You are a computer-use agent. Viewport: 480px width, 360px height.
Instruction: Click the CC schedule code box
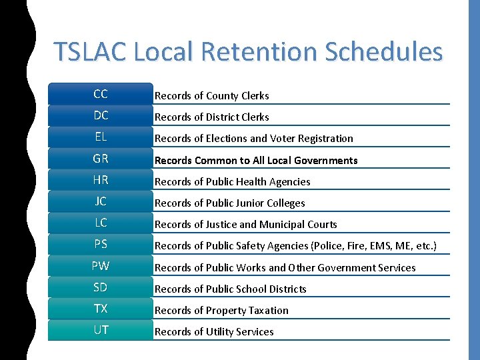point(101,94)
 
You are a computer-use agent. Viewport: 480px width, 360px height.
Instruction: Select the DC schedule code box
point(101,115)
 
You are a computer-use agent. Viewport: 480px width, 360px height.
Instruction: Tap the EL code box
point(101,137)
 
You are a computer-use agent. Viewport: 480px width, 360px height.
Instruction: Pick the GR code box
point(101,159)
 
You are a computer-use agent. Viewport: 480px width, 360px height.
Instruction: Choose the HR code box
point(101,180)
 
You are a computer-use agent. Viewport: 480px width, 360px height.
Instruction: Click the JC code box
point(101,201)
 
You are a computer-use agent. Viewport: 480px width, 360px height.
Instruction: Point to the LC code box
point(101,223)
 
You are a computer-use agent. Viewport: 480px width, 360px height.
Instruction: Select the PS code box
point(101,245)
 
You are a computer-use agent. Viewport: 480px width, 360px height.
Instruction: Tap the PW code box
point(101,266)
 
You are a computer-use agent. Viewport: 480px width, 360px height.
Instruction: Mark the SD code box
point(101,287)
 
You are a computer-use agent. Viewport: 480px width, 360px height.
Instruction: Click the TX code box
point(101,309)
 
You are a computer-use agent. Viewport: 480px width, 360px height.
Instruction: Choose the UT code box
point(101,330)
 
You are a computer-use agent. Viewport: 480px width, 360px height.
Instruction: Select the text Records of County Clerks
point(211,96)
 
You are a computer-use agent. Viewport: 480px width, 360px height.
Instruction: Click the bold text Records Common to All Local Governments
point(256,160)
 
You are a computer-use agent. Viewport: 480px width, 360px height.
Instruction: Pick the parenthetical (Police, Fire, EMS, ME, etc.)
point(373,246)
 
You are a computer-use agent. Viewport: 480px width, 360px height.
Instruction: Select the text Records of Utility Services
point(214,332)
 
